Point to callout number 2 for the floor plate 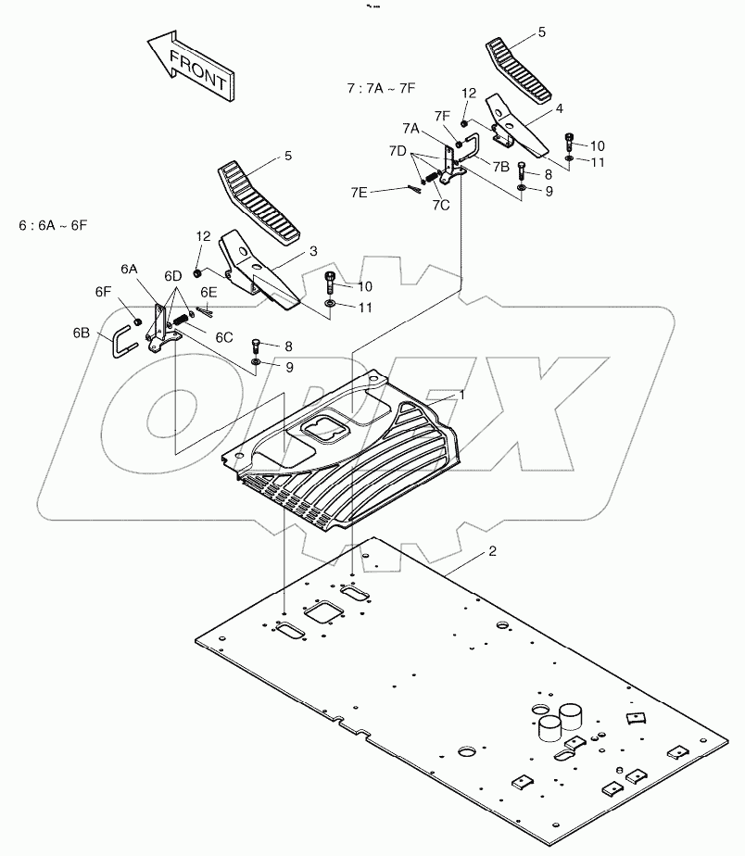coord(492,551)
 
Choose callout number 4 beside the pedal coord(559,108)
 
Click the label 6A coord(129,268)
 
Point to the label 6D coord(173,276)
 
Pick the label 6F coord(103,291)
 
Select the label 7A coord(410,127)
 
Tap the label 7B coord(501,167)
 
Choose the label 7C coord(440,205)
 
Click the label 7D coord(398,150)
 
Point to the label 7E coord(359,192)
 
